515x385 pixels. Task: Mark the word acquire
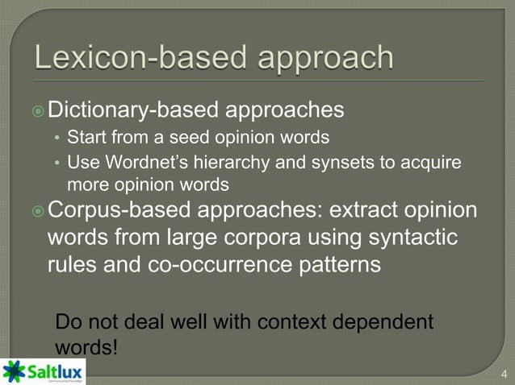[433, 164]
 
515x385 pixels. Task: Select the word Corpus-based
[119, 213]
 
